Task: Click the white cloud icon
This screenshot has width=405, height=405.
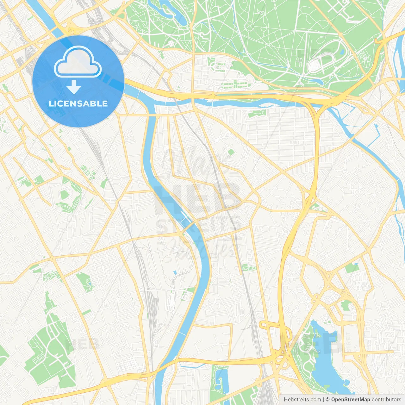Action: pyautogui.click(x=78, y=62)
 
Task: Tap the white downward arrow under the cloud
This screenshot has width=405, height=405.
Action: pyautogui.click(x=74, y=87)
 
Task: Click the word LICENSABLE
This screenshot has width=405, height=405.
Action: pyautogui.click(x=78, y=103)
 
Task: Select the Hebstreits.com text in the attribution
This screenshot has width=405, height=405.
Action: pyautogui.click(x=302, y=400)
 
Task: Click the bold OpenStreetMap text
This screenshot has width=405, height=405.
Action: pyautogui.click(x=350, y=400)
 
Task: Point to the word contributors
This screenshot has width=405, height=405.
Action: pyautogui.click(x=386, y=400)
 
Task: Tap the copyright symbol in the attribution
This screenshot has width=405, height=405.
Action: pyautogui.click(x=328, y=400)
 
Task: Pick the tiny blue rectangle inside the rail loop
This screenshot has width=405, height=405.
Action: pyautogui.click(x=175, y=272)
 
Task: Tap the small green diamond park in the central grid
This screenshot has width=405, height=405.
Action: pyautogui.click(x=231, y=153)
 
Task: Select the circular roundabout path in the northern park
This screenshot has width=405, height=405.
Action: pyautogui.click(x=249, y=25)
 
